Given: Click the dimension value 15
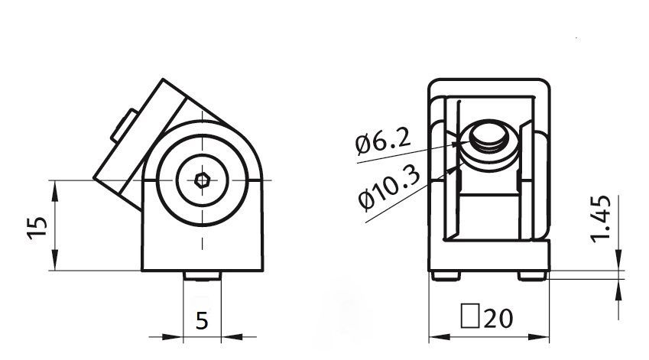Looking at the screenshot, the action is (x=37, y=228).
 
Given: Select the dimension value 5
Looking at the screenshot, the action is (x=202, y=321).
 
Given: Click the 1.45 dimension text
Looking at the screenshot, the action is (x=601, y=219).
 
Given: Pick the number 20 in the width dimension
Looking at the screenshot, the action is (x=498, y=318).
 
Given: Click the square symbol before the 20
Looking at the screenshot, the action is (x=470, y=316).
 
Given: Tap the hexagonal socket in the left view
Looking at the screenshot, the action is (x=203, y=180).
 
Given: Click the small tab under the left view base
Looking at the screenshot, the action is (x=203, y=276).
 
